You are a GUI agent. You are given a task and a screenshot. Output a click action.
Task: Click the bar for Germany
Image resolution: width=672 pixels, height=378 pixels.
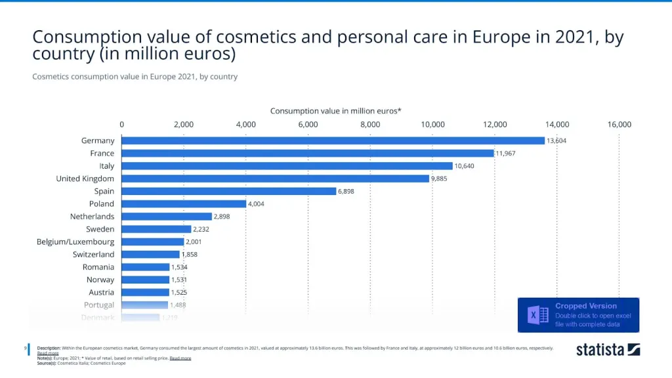point(333,140)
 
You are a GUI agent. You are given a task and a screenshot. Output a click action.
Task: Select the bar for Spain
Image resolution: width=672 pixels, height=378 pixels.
point(228,191)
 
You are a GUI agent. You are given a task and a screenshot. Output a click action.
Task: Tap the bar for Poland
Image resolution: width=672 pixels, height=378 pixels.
point(184,203)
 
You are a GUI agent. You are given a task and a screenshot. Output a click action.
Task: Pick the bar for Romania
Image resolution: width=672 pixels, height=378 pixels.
point(145,267)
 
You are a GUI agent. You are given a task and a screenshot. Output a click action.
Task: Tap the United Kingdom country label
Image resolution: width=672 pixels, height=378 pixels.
point(85,178)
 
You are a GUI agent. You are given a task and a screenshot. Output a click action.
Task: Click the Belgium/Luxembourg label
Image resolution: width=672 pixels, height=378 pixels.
point(75,241)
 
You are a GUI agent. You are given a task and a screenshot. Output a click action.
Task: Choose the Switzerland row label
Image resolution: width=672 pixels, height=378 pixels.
point(93,254)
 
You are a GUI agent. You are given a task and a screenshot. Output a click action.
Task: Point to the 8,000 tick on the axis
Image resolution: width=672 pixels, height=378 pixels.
point(370,124)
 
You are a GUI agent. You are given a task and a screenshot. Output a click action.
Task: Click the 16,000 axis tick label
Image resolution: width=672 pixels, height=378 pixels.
point(619,124)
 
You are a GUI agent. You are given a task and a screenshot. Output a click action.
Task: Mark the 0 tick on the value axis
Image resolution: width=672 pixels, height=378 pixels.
point(121,124)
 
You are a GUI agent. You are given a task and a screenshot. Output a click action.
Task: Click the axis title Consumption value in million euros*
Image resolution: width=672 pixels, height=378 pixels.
point(336,111)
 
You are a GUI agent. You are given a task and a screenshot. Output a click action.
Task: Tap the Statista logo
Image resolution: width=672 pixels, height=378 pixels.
point(608,349)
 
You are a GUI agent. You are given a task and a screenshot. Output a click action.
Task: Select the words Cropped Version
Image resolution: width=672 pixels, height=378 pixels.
point(586,306)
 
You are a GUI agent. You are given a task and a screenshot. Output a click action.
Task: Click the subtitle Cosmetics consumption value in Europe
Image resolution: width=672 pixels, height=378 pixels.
point(135,77)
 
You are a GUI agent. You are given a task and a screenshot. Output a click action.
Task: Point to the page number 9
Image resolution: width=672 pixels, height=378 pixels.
point(26,348)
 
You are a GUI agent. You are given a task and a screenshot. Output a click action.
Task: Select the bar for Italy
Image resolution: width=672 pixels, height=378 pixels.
point(287,166)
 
